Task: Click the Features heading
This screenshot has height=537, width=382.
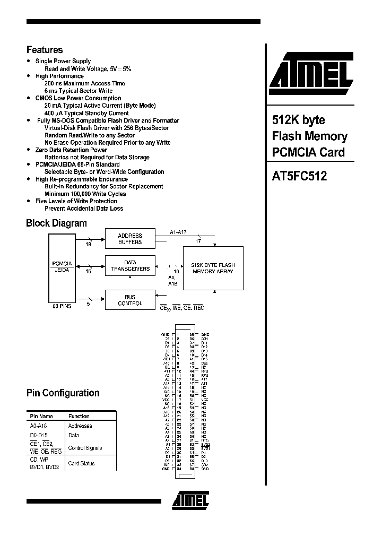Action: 45,50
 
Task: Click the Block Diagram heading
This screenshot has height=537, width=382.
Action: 56,223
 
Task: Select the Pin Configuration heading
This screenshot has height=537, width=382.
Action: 63,393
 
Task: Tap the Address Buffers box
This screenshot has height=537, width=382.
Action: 130,239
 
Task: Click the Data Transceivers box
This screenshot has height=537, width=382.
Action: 130,265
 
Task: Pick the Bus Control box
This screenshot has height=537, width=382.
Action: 130,300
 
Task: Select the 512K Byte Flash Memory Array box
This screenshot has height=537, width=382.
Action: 213,268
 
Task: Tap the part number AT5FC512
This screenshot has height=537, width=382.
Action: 299,177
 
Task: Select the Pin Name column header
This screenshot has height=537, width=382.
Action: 41,416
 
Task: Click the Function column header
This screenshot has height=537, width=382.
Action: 79,416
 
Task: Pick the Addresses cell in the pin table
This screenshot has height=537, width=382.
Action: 80,426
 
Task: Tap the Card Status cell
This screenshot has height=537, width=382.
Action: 82,463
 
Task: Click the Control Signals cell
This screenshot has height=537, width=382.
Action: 85,448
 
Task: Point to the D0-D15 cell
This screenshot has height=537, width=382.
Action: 39,435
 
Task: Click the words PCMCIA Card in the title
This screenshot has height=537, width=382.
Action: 308,152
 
